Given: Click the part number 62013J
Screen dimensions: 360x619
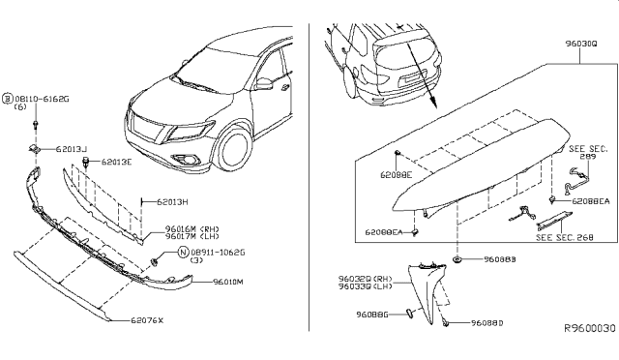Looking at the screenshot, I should pyautogui.click(x=71, y=150).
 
